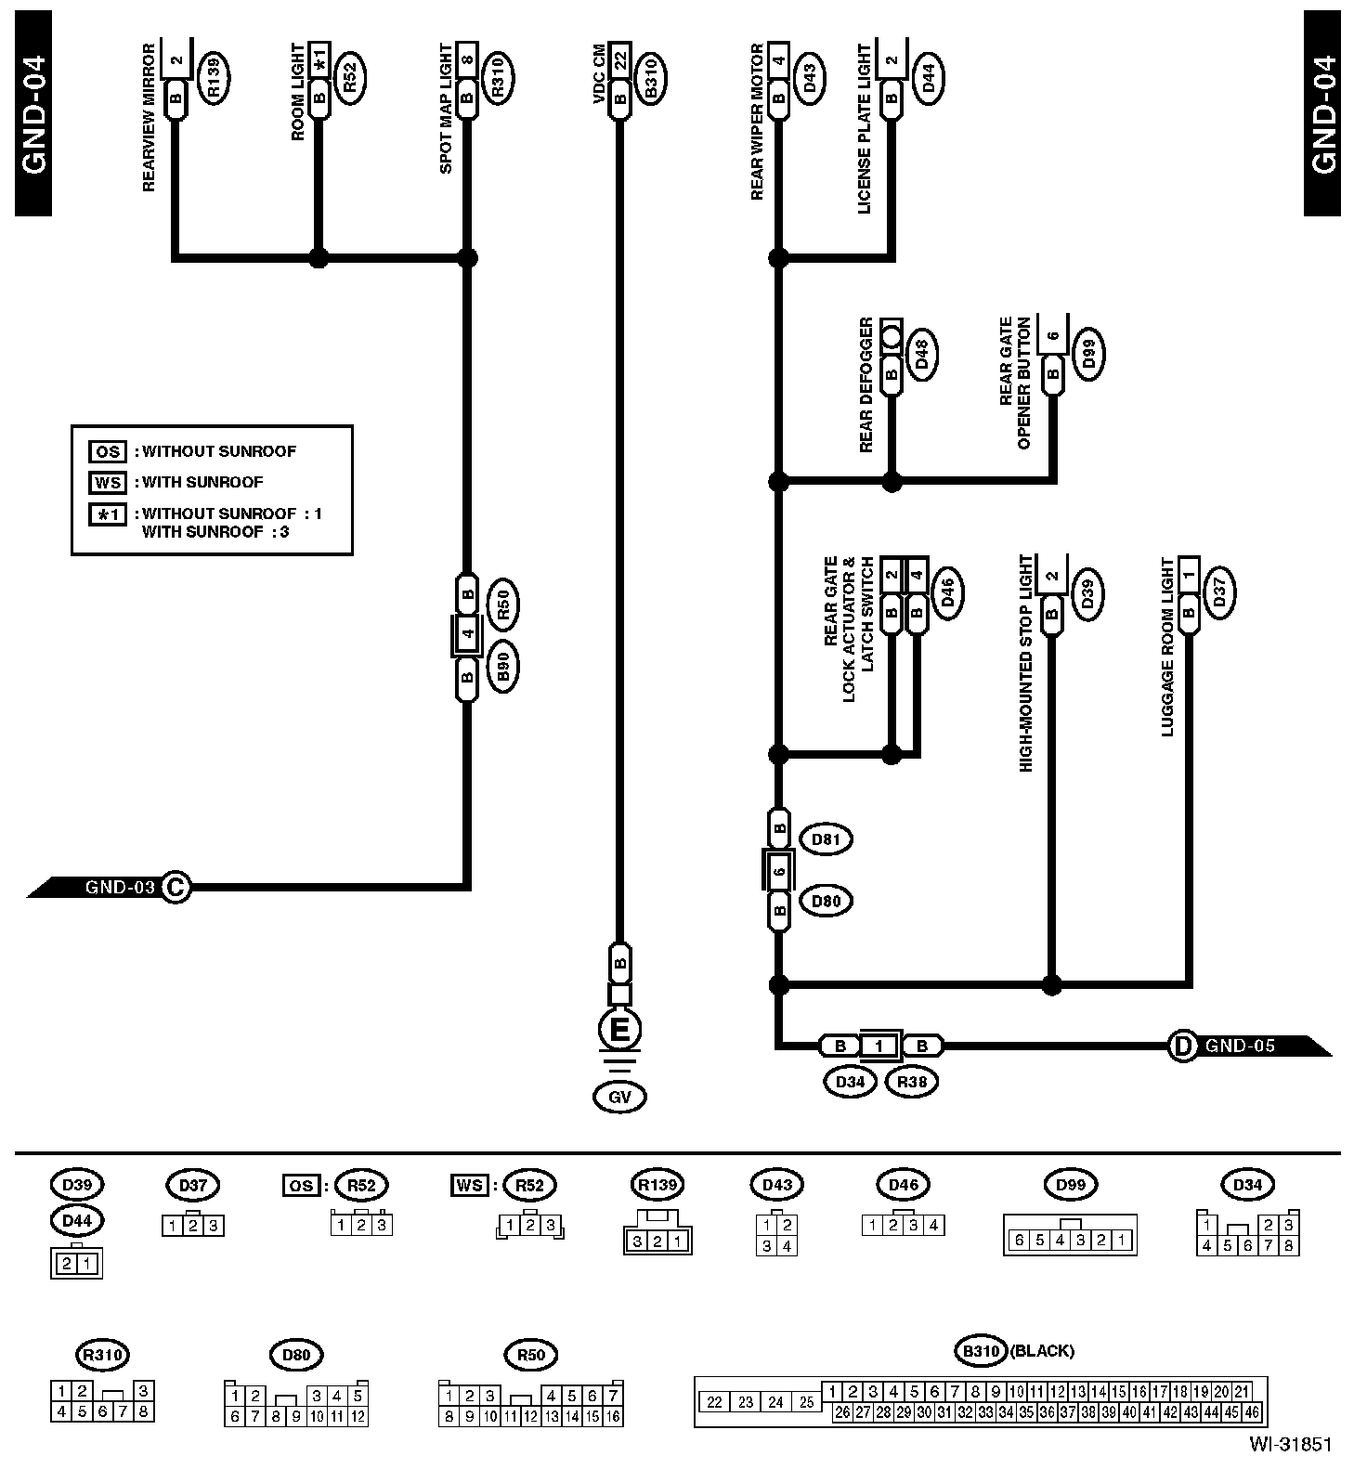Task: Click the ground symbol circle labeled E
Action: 619,1029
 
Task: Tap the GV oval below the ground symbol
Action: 619,1097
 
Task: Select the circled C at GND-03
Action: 175,887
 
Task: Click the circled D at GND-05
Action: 1182,1046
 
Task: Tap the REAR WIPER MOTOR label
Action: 757,121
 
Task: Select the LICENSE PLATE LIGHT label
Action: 865,128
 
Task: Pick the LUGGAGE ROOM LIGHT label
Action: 1167,647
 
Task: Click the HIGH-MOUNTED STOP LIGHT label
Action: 1026,663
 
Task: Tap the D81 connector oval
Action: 826,839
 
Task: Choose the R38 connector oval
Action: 912,1082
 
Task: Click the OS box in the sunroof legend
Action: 107,451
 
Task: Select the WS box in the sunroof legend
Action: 107,482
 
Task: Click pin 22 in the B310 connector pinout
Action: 714,1402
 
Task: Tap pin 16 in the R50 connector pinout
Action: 613,1417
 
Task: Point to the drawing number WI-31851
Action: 1290,1445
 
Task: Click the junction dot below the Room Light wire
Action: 319,257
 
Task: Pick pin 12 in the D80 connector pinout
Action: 358,1417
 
